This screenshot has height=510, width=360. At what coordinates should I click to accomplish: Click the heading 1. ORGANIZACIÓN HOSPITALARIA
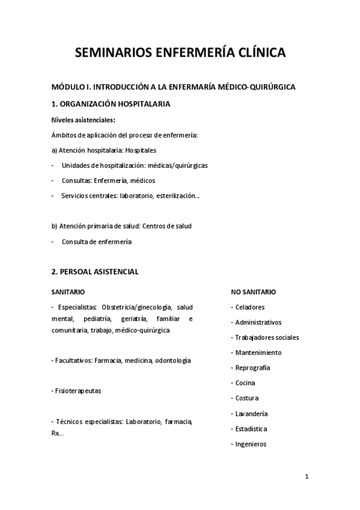111,104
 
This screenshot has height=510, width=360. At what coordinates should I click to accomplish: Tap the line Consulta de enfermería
96,242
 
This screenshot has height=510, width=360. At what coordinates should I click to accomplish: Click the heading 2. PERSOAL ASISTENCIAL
95,272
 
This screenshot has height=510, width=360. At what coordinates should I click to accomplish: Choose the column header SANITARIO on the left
68,292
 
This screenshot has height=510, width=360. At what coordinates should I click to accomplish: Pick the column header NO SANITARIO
254,292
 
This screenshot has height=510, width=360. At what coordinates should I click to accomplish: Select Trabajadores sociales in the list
267,337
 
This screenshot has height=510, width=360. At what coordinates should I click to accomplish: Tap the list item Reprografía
252,367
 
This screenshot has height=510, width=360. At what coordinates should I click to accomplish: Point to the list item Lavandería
251,414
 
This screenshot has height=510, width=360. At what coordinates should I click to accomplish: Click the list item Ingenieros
251,444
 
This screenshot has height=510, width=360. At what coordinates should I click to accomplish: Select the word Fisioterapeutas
78,391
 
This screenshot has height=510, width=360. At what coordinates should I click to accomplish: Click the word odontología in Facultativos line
173,360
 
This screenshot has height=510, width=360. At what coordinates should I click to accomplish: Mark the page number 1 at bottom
307,477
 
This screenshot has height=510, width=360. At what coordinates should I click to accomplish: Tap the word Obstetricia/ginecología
138,307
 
